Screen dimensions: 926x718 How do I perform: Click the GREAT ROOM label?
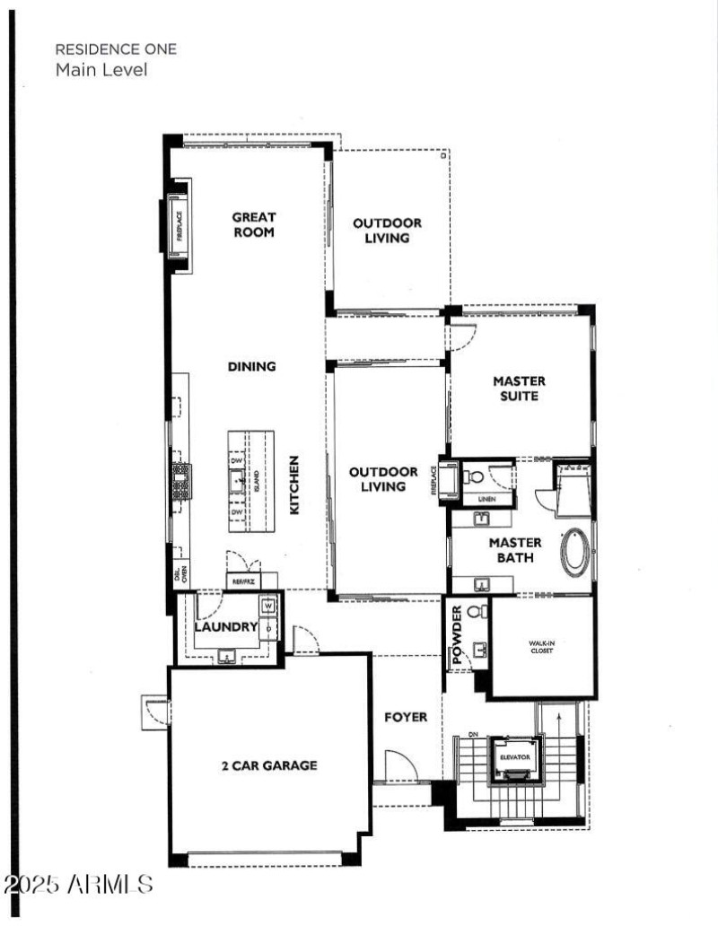(254, 224)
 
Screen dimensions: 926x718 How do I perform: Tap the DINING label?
(252, 366)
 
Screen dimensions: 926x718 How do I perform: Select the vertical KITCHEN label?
(293, 485)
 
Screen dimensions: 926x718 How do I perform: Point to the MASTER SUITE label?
(519, 388)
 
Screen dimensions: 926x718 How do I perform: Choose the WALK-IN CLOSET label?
(541, 646)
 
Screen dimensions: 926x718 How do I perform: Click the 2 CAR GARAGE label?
(269, 765)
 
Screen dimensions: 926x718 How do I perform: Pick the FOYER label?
(406, 717)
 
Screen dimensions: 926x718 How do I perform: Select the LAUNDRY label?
(226, 626)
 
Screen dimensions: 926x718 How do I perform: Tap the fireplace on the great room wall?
(177, 224)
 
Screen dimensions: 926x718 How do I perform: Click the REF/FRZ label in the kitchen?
(244, 581)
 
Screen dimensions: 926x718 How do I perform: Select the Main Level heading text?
(101, 69)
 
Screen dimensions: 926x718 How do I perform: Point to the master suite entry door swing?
(460, 336)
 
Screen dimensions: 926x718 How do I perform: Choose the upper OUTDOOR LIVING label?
(387, 231)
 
